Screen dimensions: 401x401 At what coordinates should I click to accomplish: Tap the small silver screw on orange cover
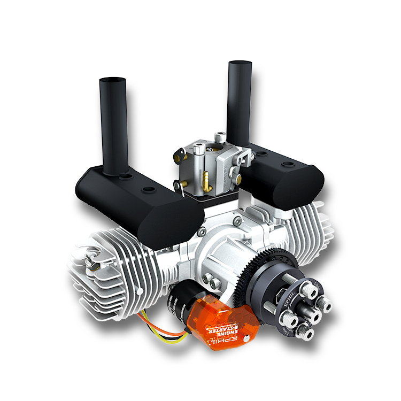click(x=245, y=337)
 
